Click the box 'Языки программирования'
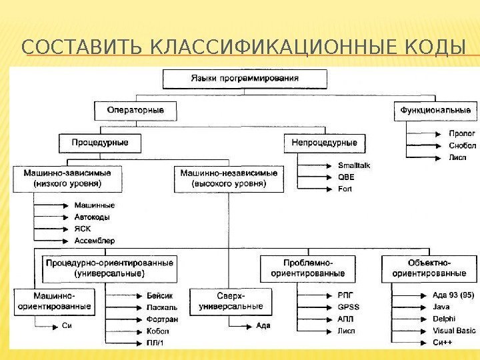click(x=245, y=79)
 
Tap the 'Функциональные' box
click(x=435, y=109)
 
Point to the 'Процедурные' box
click(x=95, y=142)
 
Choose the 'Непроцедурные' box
click(x=325, y=142)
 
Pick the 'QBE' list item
click(x=347, y=177)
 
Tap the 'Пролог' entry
click(x=443, y=133)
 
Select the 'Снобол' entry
click(x=444, y=145)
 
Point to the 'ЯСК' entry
click(x=83, y=229)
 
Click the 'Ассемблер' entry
click(x=94, y=240)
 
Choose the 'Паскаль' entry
click(x=161, y=308)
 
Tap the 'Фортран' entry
click(x=161, y=319)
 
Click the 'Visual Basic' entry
click(x=454, y=331)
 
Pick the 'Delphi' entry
click(x=444, y=319)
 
